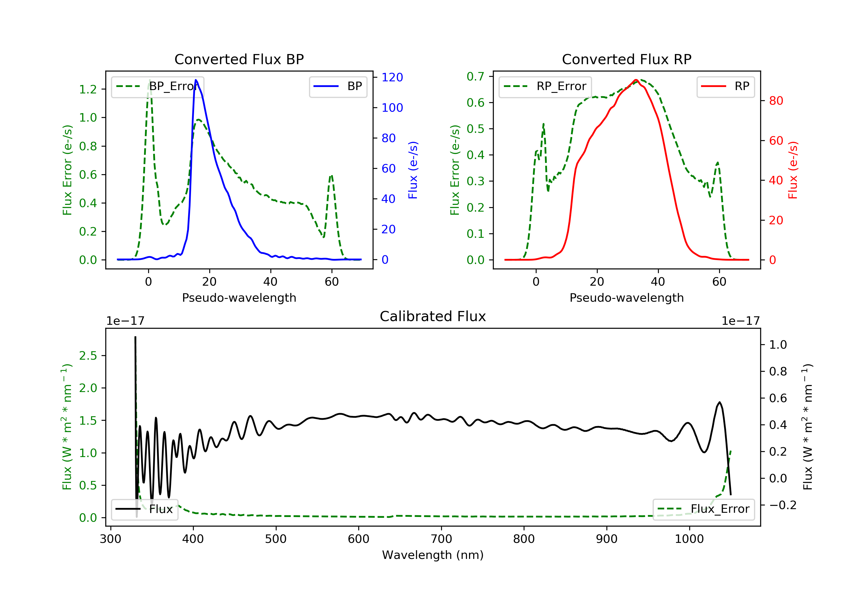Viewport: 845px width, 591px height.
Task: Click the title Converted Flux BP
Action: [x=239, y=59]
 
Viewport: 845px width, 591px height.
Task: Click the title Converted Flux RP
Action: [x=626, y=59]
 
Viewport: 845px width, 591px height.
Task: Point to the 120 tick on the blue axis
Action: [x=392, y=77]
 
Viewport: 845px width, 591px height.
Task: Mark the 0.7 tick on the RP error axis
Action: [x=475, y=77]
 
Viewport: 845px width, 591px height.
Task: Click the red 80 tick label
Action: [x=776, y=101]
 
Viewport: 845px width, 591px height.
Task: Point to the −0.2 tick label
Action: [x=782, y=505]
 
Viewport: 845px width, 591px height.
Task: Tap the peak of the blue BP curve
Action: [x=196, y=80]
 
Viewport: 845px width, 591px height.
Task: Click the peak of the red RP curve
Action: [x=636, y=80]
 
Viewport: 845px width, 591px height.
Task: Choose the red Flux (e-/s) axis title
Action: [x=792, y=170]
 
